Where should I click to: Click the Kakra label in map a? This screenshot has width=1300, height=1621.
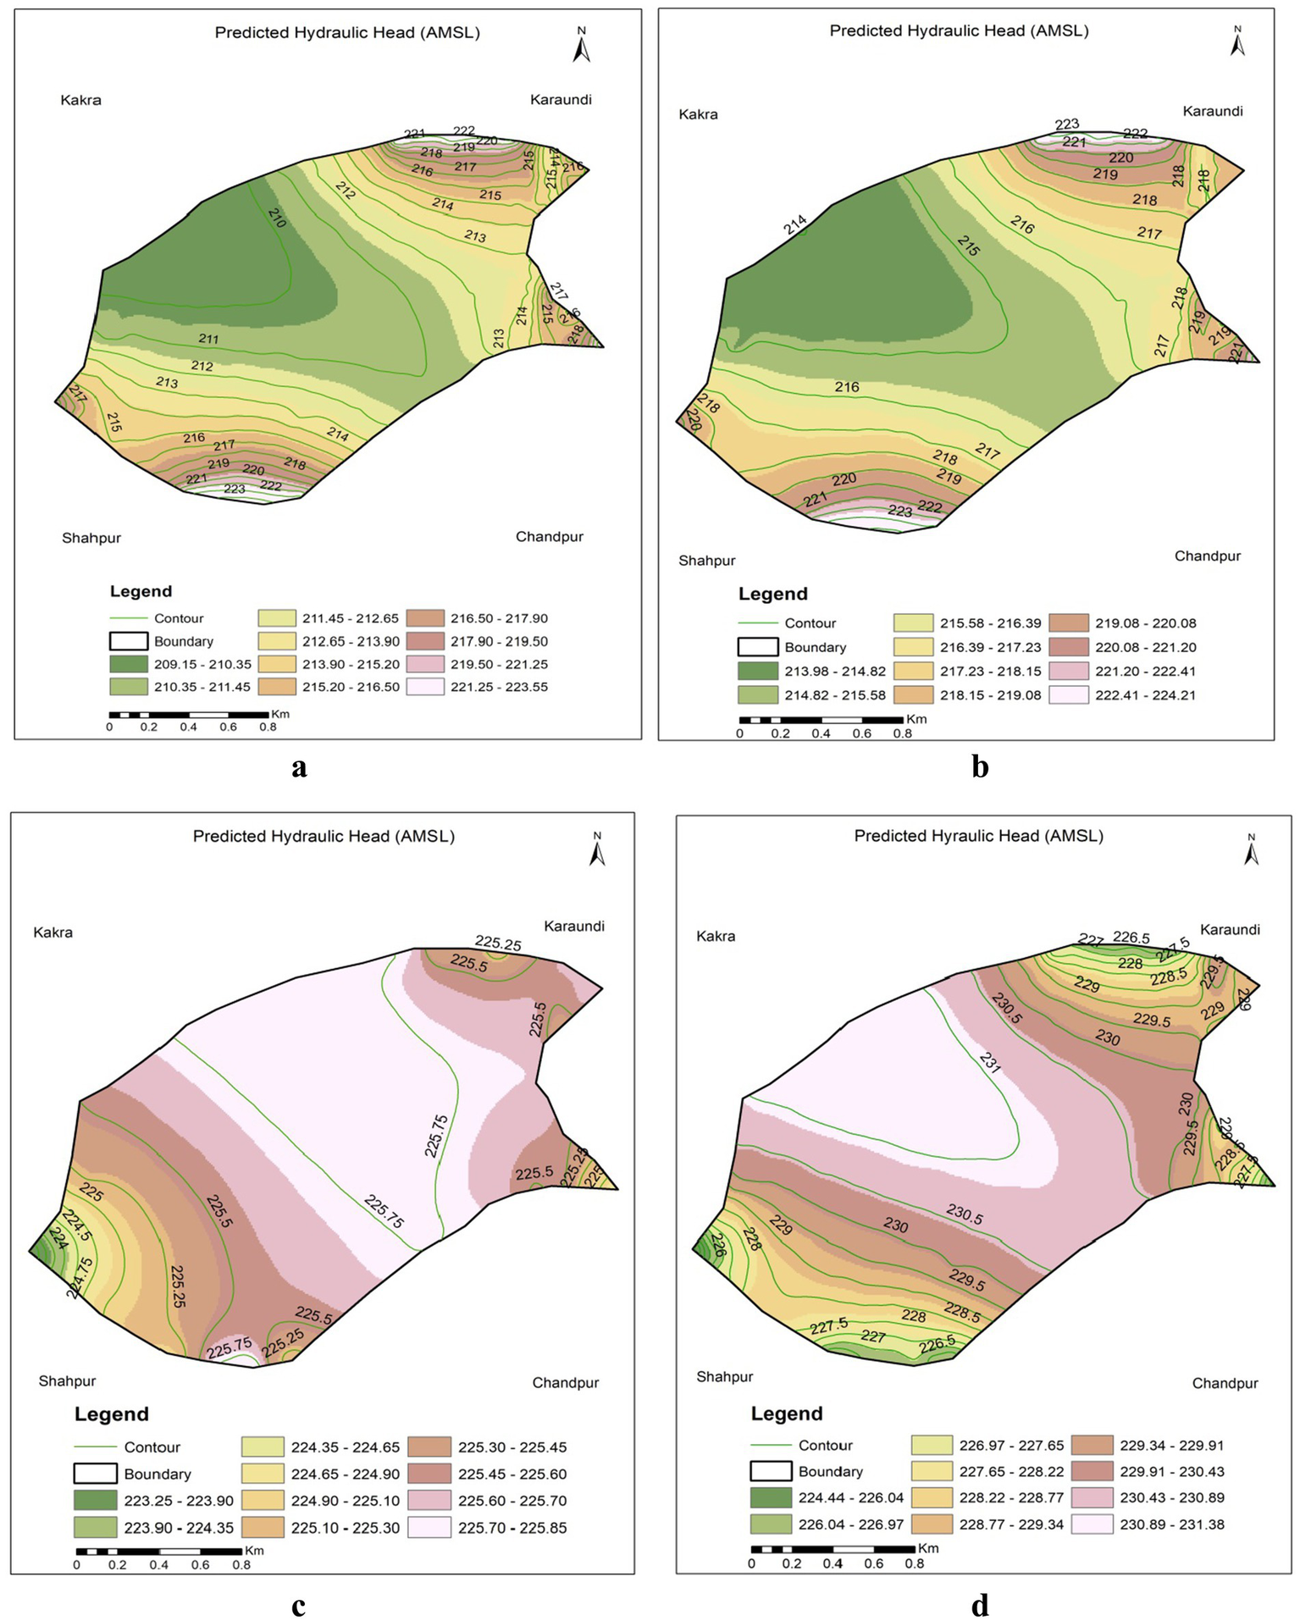[x=80, y=100]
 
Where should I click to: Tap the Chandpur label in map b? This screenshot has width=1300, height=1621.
[x=1207, y=556]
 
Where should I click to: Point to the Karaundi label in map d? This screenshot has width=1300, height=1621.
[x=1230, y=930]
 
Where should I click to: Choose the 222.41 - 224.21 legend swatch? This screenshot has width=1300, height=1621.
[x=1068, y=695]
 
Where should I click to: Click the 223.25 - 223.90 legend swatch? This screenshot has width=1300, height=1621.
[x=95, y=1501]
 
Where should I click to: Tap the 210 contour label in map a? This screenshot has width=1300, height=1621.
[x=277, y=218]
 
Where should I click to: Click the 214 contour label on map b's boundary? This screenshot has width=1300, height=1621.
[x=794, y=225]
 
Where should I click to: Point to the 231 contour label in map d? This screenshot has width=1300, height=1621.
[x=989, y=1063]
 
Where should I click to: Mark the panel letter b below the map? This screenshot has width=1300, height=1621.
[x=980, y=766]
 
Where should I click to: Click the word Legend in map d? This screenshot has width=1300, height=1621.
[x=786, y=1414]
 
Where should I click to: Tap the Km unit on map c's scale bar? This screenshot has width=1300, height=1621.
[x=254, y=1551]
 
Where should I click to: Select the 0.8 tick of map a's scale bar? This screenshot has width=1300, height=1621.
[x=268, y=728]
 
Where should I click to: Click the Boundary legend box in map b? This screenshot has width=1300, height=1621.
[x=757, y=647]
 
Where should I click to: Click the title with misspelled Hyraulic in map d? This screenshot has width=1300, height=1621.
[x=978, y=836]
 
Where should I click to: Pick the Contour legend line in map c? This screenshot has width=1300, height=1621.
[x=95, y=1447]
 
